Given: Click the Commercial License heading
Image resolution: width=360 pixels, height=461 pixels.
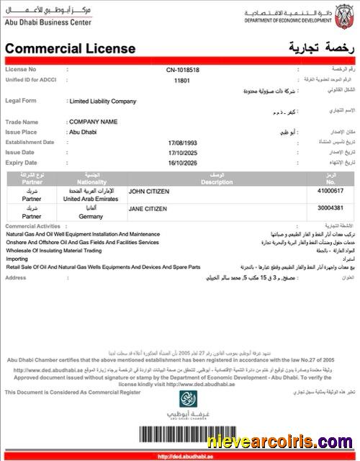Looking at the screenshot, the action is (x=71, y=48).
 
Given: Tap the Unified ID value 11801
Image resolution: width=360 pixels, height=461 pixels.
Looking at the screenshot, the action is (x=182, y=81).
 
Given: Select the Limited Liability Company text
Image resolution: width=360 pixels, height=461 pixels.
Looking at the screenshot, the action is (x=102, y=102).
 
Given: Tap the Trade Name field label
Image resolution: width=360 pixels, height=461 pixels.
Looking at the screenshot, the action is (x=22, y=122).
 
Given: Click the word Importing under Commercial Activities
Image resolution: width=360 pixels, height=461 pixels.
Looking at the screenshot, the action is (x=17, y=258).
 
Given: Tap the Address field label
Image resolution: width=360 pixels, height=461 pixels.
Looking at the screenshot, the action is (x=16, y=277).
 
